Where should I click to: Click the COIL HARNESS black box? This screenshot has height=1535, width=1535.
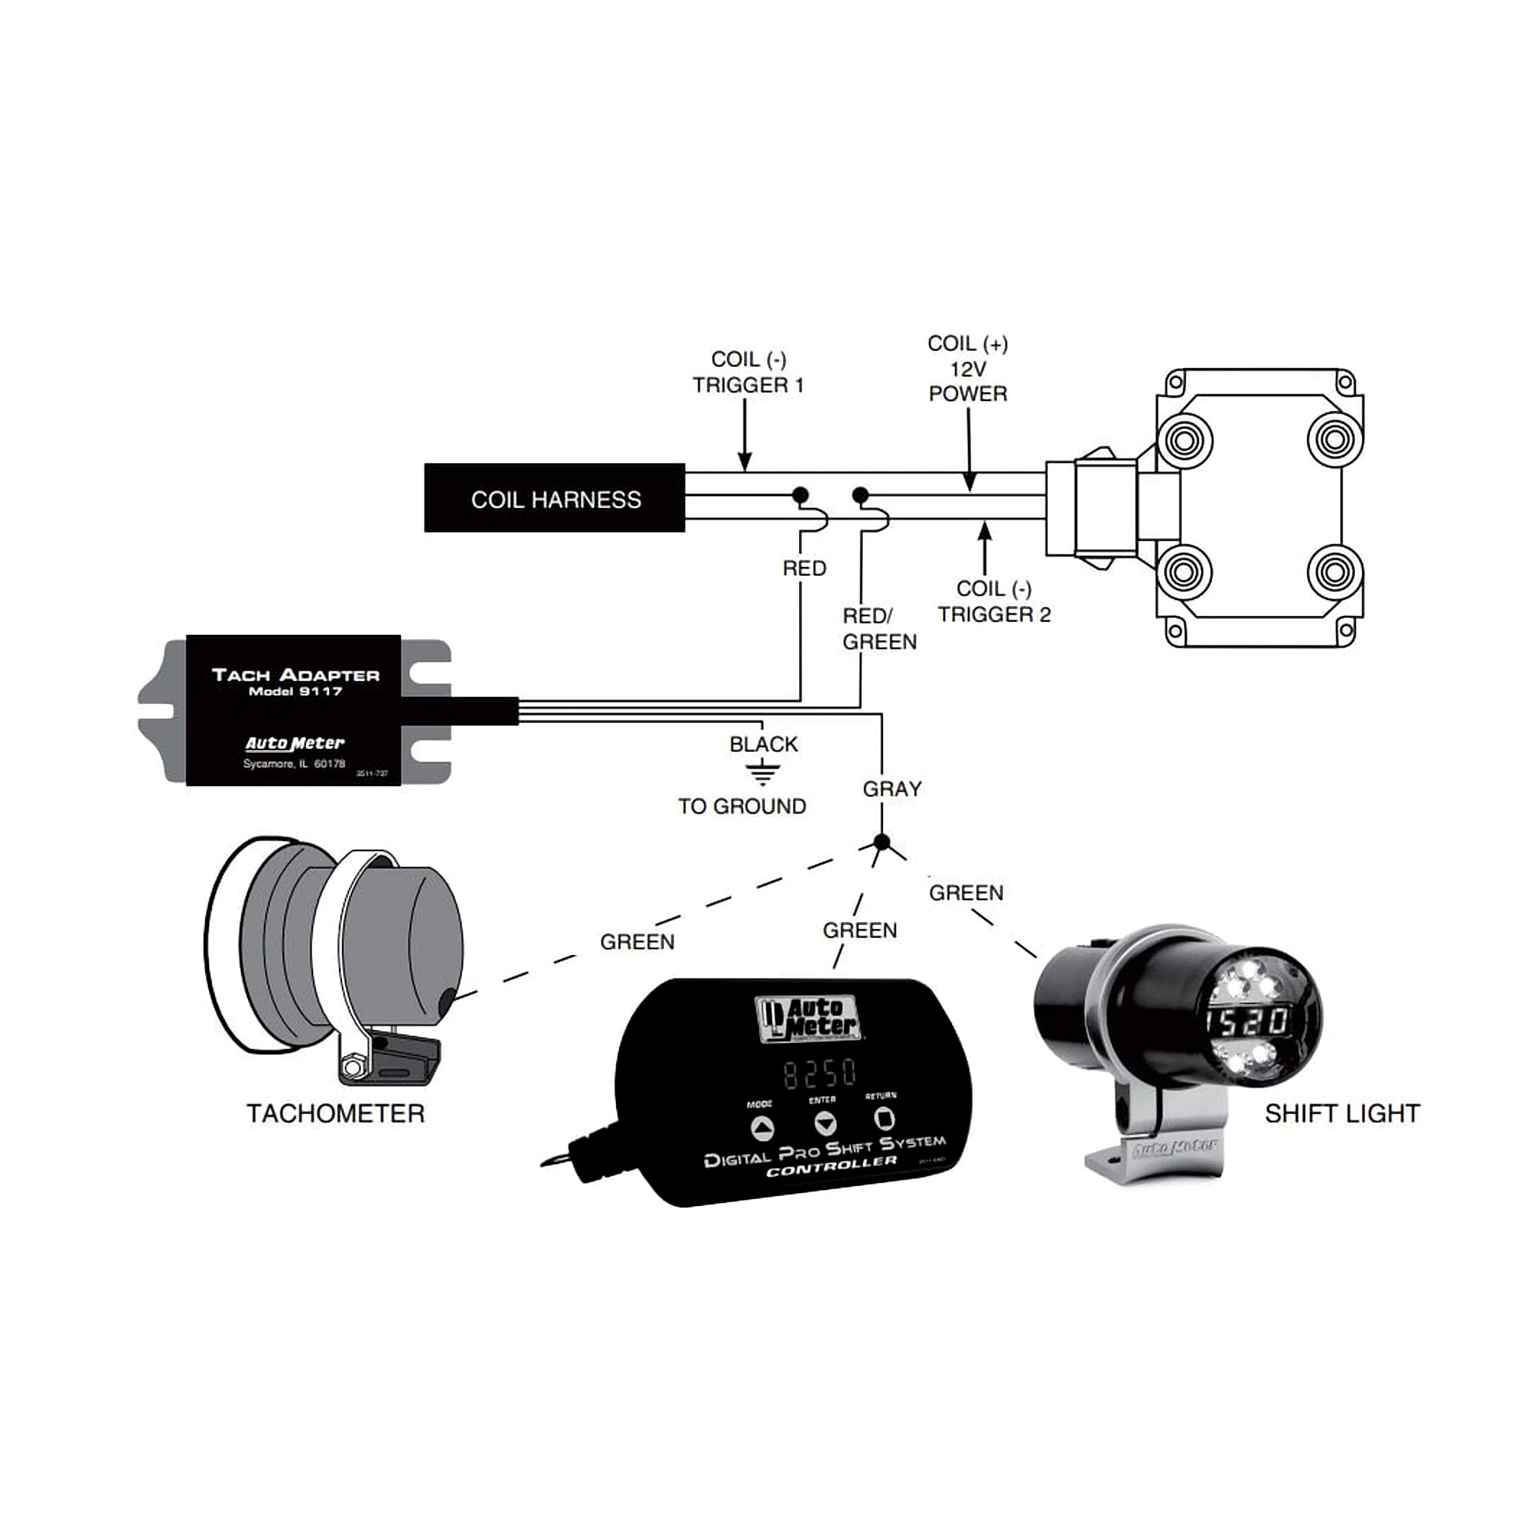(x=555, y=498)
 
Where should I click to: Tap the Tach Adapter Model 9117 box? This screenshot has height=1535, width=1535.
(x=294, y=710)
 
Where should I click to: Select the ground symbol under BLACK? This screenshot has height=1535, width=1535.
(x=762, y=772)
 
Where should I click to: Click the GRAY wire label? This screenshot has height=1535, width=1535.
(x=892, y=789)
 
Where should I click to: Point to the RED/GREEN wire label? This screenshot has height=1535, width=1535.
(x=879, y=628)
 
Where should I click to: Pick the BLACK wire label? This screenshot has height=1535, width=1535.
(x=762, y=744)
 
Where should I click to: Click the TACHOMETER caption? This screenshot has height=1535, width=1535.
(x=335, y=1113)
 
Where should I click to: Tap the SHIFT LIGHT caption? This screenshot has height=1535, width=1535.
(x=1341, y=1113)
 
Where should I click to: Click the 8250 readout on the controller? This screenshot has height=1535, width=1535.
(x=819, y=1073)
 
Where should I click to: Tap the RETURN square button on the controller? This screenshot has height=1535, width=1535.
(x=884, y=1119)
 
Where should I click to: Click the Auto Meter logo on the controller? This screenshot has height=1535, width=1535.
(x=808, y=1019)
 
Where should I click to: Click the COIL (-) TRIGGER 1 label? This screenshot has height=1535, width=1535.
(x=747, y=371)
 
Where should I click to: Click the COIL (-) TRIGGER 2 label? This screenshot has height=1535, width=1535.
(x=993, y=602)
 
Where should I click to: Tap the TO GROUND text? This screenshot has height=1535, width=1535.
(x=742, y=806)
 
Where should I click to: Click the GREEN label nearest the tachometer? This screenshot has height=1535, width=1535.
(x=636, y=941)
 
